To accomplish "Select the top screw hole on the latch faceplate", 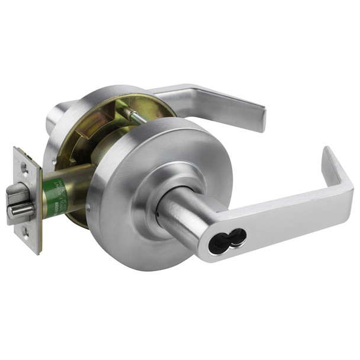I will pyautogui.click(x=25, y=168).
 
